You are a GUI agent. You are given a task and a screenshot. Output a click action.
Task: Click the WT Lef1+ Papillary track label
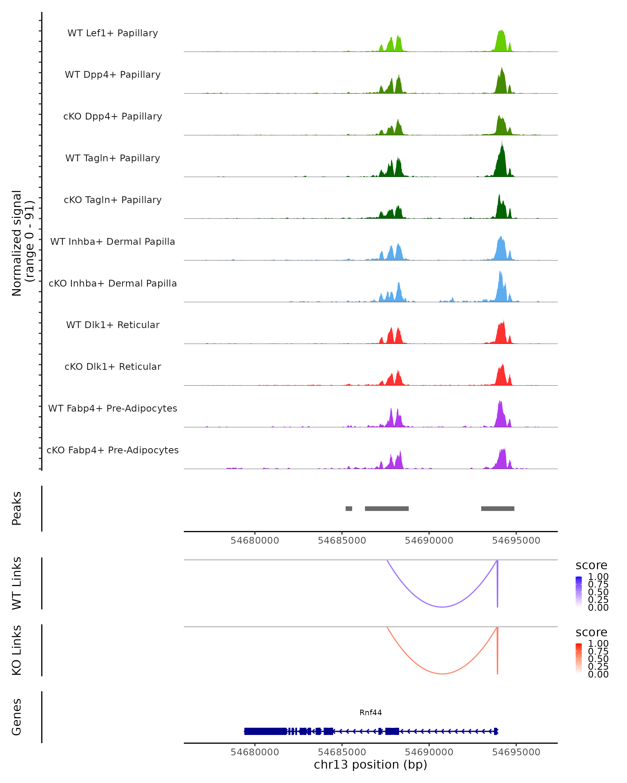(113, 33)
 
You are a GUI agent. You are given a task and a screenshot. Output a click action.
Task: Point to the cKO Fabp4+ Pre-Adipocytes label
(113, 450)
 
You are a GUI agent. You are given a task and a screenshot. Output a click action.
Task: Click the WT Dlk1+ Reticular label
(113, 325)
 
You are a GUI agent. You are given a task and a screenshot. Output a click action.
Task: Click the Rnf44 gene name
(370, 713)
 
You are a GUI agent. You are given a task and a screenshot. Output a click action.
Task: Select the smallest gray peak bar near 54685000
(349, 508)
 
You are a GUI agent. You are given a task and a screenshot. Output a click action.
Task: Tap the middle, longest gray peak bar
(386, 508)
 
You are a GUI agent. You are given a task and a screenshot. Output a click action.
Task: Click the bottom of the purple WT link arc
(442, 607)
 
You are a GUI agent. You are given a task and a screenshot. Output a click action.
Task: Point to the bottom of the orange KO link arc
(442, 674)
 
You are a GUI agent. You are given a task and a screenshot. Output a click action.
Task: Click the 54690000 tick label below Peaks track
(429, 541)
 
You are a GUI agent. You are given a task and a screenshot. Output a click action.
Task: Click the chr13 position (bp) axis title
(370, 764)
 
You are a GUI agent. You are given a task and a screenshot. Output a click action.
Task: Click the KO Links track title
(17, 650)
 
